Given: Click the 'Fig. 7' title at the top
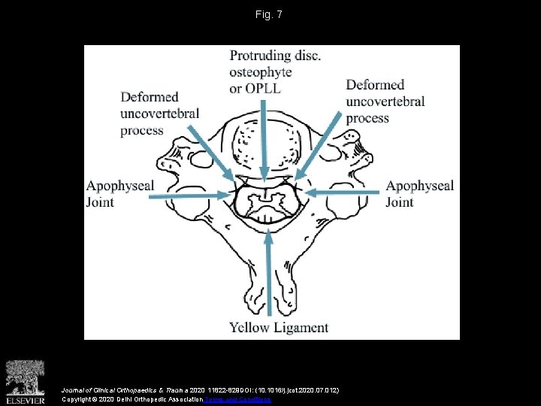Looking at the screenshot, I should pyautogui.click(x=270, y=14).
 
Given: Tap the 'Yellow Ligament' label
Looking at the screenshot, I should pyautogui.click(x=279, y=327).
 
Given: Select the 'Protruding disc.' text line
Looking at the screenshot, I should pyautogui.click(x=275, y=56).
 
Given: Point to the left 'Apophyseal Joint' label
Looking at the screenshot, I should pyautogui.click(x=120, y=193).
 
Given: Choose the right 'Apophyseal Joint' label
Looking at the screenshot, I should pyautogui.click(x=419, y=193).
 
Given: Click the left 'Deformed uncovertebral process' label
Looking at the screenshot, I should pyautogui.click(x=159, y=114).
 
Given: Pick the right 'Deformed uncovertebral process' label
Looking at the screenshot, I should pyautogui.click(x=385, y=101).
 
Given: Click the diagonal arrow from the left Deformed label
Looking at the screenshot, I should pyautogui.click(x=211, y=154).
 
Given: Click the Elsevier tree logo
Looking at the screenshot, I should pyautogui.click(x=26, y=376).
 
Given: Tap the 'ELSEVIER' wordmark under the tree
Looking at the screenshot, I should pyautogui.click(x=26, y=400).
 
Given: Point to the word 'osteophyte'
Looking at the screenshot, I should pyautogui.click(x=261, y=72).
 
